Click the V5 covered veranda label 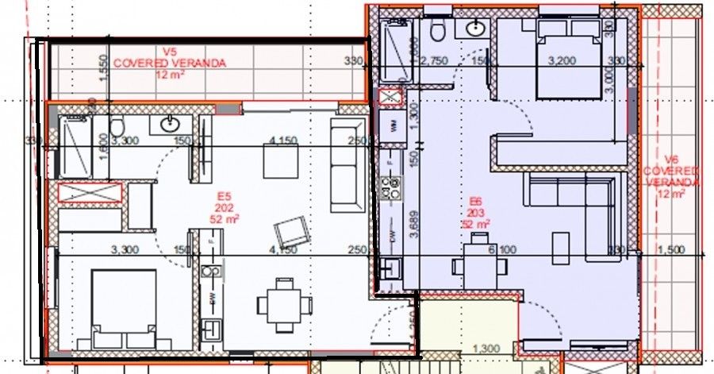tap(169, 63)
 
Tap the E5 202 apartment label tap(225, 208)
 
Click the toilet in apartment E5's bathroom tap(117, 127)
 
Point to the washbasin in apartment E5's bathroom tap(170, 125)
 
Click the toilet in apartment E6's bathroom tap(437, 30)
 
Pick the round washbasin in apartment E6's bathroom tap(476, 29)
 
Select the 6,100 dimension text tap(501, 250)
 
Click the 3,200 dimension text tap(561, 60)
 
